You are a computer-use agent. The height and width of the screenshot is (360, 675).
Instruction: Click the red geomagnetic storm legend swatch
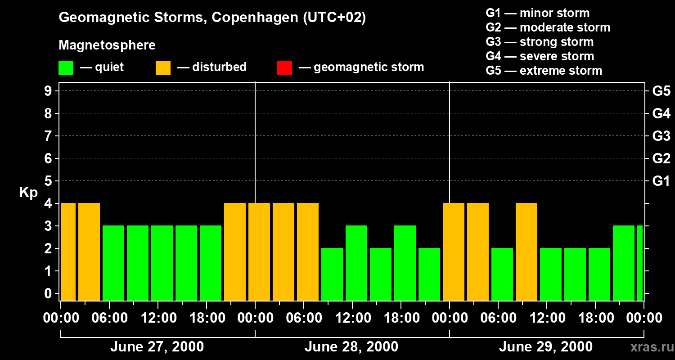(284, 67)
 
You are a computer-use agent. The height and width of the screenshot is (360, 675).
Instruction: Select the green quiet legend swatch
(66, 67)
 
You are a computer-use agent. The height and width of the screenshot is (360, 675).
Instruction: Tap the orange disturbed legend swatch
(163, 67)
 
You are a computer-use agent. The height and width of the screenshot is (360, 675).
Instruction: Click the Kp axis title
(28, 193)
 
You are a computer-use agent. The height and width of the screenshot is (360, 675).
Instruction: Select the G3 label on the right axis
(661, 136)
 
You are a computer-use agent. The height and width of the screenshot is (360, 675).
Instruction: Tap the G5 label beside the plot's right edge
(661, 91)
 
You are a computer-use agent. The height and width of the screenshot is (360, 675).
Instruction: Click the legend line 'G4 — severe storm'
(540, 56)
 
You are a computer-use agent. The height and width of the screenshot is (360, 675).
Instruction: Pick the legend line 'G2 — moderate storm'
(548, 27)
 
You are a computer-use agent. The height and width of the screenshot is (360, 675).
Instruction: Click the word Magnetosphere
(107, 45)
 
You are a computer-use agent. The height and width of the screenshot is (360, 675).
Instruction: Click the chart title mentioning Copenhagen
(212, 18)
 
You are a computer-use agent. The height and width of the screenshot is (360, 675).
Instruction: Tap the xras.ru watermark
(648, 347)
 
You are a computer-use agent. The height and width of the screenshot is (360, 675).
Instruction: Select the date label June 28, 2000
(351, 347)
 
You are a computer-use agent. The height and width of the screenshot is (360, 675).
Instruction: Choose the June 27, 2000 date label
(157, 347)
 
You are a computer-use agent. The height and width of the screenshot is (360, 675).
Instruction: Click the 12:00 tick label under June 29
(546, 318)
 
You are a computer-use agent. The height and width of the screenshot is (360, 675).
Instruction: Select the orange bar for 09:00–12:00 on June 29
(526, 252)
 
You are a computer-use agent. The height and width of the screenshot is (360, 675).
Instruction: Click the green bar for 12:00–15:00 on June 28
(356, 263)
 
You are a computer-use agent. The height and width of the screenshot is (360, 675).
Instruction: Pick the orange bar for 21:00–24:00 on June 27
(235, 252)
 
